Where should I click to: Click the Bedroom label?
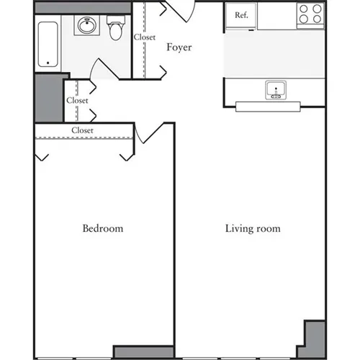click(x=102, y=229)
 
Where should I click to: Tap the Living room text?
click(x=252, y=229)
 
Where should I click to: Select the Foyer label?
click(x=179, y=48)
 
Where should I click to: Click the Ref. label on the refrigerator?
click(x=240, y=14)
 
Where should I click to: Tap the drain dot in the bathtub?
click(x=49, y=63)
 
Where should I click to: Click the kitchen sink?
click(x=276, y=91)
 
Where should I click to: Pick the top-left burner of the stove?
click(x=305, y=9)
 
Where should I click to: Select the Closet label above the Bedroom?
click(x=82, y=130)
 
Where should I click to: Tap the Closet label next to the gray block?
click(x=77, y=101)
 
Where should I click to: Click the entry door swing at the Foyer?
click(x=181, y=11)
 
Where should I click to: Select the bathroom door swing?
click(x=103, y=70)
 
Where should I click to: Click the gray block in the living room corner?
click(x=315, y=338)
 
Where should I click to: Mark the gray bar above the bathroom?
click(x=81, y=7)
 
